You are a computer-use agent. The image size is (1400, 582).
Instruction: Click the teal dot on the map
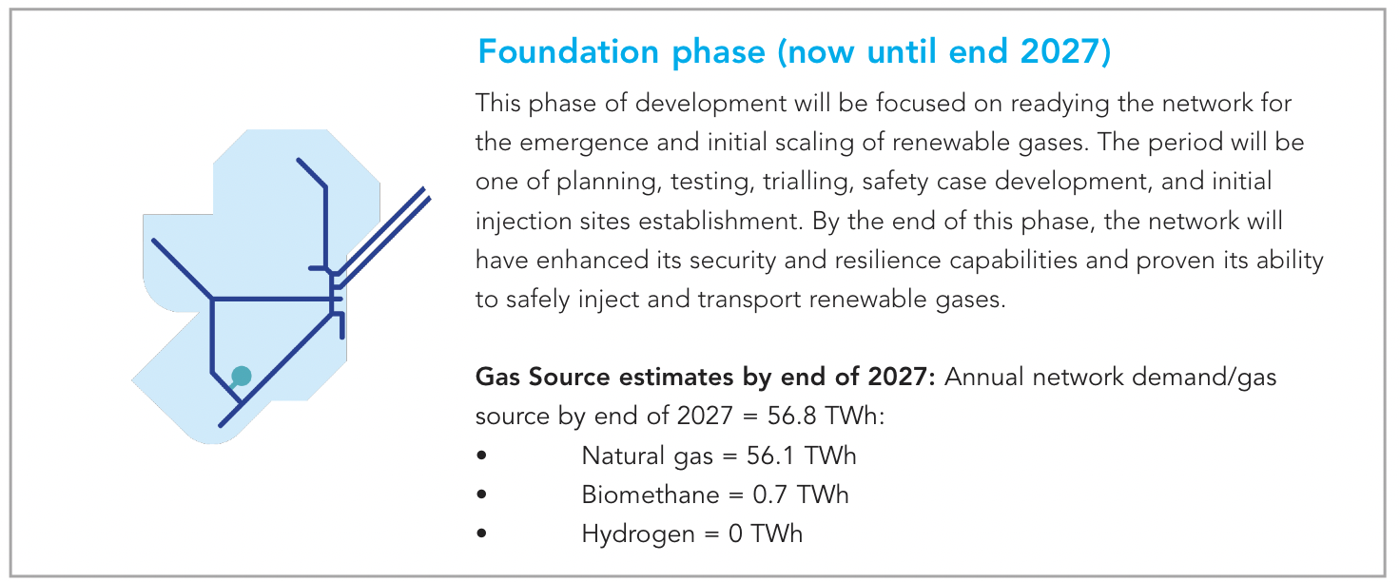[242, 377]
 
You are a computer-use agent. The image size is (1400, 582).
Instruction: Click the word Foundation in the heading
[568, 51]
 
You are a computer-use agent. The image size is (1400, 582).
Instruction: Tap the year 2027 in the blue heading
[1059, 51]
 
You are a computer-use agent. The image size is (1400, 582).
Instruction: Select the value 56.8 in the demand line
[791, 417]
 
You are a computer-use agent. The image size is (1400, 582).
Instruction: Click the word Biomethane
[651, 495]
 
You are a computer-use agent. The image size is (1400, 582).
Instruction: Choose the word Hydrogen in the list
[638, 534]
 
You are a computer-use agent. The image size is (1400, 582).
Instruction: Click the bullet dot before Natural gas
[481, 456]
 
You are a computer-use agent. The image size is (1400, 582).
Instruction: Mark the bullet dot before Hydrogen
[481, 533]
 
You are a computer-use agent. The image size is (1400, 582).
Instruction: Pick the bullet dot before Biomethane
[481, 494]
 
